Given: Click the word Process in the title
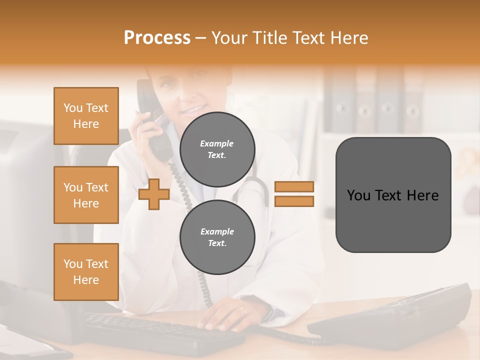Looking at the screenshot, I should [x=157, y=38].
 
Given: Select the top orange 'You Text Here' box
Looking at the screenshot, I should [x=86, y=116].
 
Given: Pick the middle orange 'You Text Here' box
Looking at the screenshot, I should [x=86, y=195].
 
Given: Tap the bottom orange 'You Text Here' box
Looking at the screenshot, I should [x=86, y=271].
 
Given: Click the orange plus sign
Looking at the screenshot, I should [x=153, y=194].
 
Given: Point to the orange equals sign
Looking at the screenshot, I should [x=294, y=194].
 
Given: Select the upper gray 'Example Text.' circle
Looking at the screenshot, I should [x=217, y=149].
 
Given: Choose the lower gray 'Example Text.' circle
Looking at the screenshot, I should [x=217, y=237].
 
